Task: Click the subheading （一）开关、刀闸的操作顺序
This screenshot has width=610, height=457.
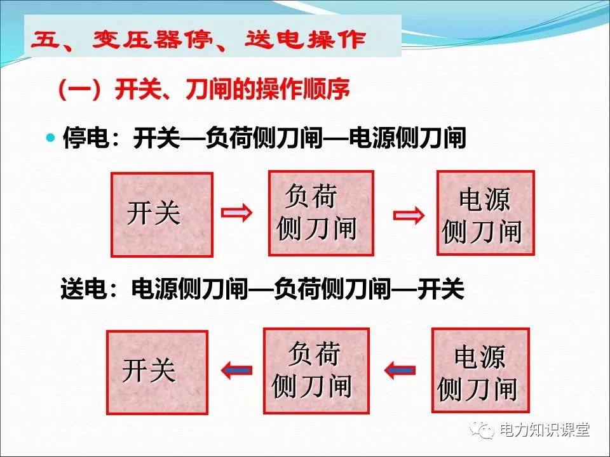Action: coord(203,91)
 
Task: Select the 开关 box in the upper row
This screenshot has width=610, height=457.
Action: coord(161,215)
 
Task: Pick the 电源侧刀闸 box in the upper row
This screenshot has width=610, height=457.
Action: coord(485,213)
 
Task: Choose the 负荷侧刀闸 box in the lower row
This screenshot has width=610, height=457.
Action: coord(316,370)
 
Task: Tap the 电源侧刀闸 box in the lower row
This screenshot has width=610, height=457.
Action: coord(480,370)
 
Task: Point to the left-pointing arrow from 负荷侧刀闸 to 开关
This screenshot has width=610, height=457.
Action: coord(236,369)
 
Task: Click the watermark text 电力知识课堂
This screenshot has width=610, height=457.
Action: coord(545,430)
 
